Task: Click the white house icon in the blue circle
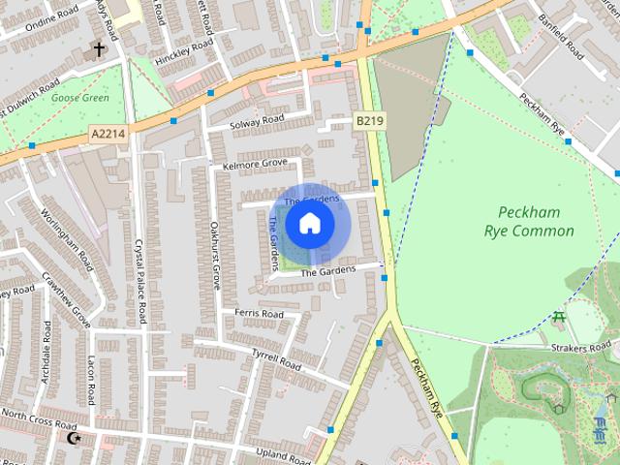[x=309, y=224]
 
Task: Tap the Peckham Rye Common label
[x=529, y=222]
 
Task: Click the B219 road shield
[x=368, y=121]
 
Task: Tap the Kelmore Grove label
[x=255, y=164]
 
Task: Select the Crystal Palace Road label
[x=140, y=281]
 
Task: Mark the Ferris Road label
[x=259, y=315]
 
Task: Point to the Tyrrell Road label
[x=277, y=360]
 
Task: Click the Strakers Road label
[x=585, y=346]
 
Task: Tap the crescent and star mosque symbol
[x=72, y=439]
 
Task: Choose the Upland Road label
[x=282, y=453]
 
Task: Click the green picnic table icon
[x=559, y=317]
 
